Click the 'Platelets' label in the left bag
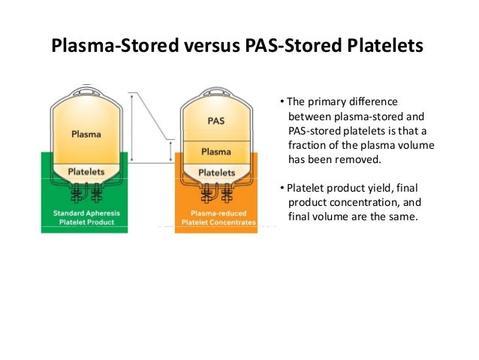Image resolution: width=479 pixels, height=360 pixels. (x=86, y=171)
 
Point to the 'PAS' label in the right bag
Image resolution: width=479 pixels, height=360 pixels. (x=215, y=120)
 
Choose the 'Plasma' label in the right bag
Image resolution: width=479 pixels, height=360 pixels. (x=215, y=151)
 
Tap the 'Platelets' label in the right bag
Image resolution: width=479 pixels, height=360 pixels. (x=216, y=172)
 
